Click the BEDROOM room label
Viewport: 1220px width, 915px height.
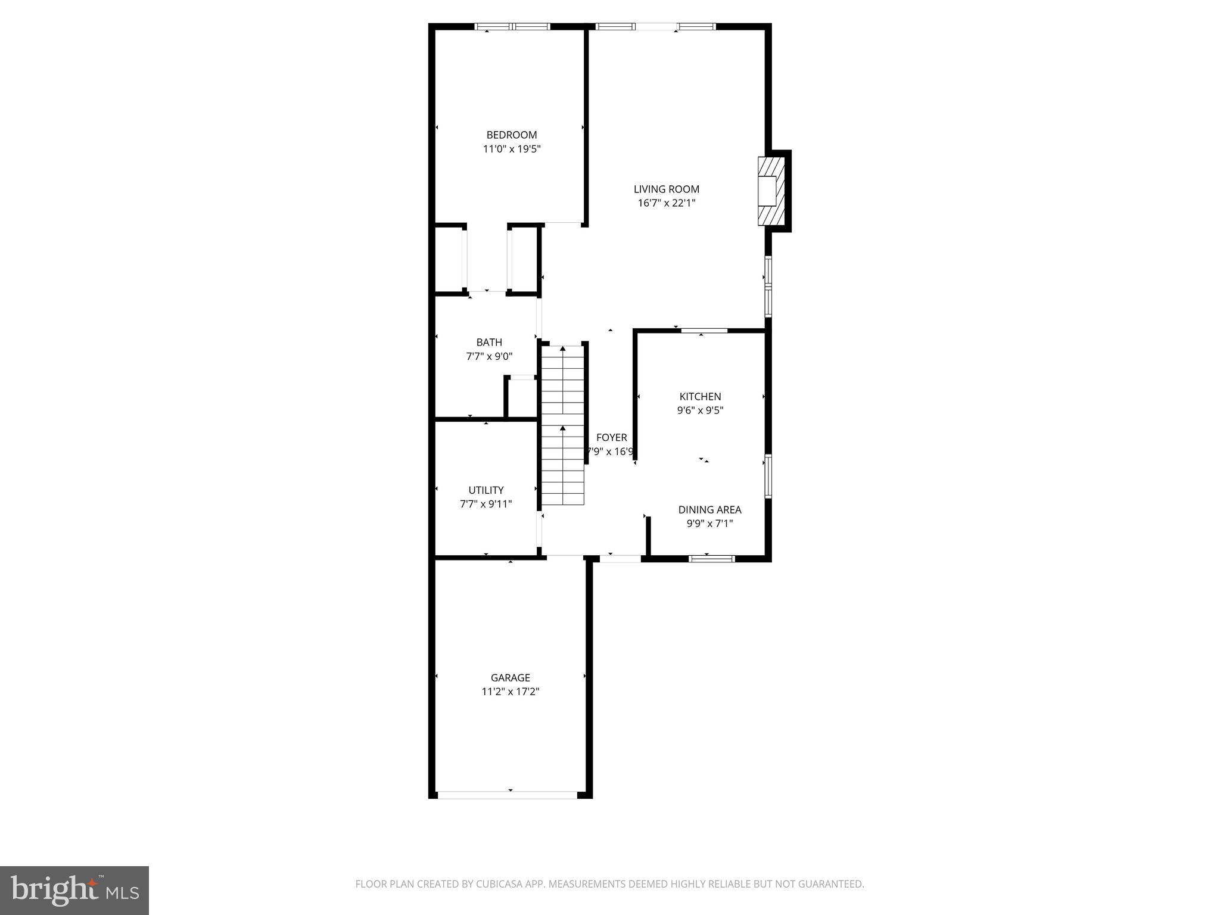tap(511, 135)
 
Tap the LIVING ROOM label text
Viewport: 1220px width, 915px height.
tap(666, 189)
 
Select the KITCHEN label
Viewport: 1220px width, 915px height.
tap(700, 397)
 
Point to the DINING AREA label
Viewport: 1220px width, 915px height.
tap(709, 510)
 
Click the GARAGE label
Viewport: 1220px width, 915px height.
tap(510, 678)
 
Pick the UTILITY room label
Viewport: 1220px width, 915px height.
tap(485, 490)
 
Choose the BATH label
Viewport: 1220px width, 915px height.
tap(489, 343)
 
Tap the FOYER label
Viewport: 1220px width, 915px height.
tap(611, 438)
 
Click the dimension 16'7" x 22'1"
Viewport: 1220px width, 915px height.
tap(666, 203)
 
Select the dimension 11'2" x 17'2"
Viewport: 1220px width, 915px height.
tap(510, 692)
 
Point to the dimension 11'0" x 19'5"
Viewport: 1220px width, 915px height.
tap(511, 149)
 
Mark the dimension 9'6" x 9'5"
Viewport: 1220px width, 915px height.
tap(700, 410)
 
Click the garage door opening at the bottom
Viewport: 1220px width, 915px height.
tap(508, 795)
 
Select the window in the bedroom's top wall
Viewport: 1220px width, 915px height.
tap(512, 27)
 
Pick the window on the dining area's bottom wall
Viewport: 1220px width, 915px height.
tap(711, 559)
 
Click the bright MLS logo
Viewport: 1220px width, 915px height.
tap(74, 890)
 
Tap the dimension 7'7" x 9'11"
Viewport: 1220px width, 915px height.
tap(485, 504)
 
